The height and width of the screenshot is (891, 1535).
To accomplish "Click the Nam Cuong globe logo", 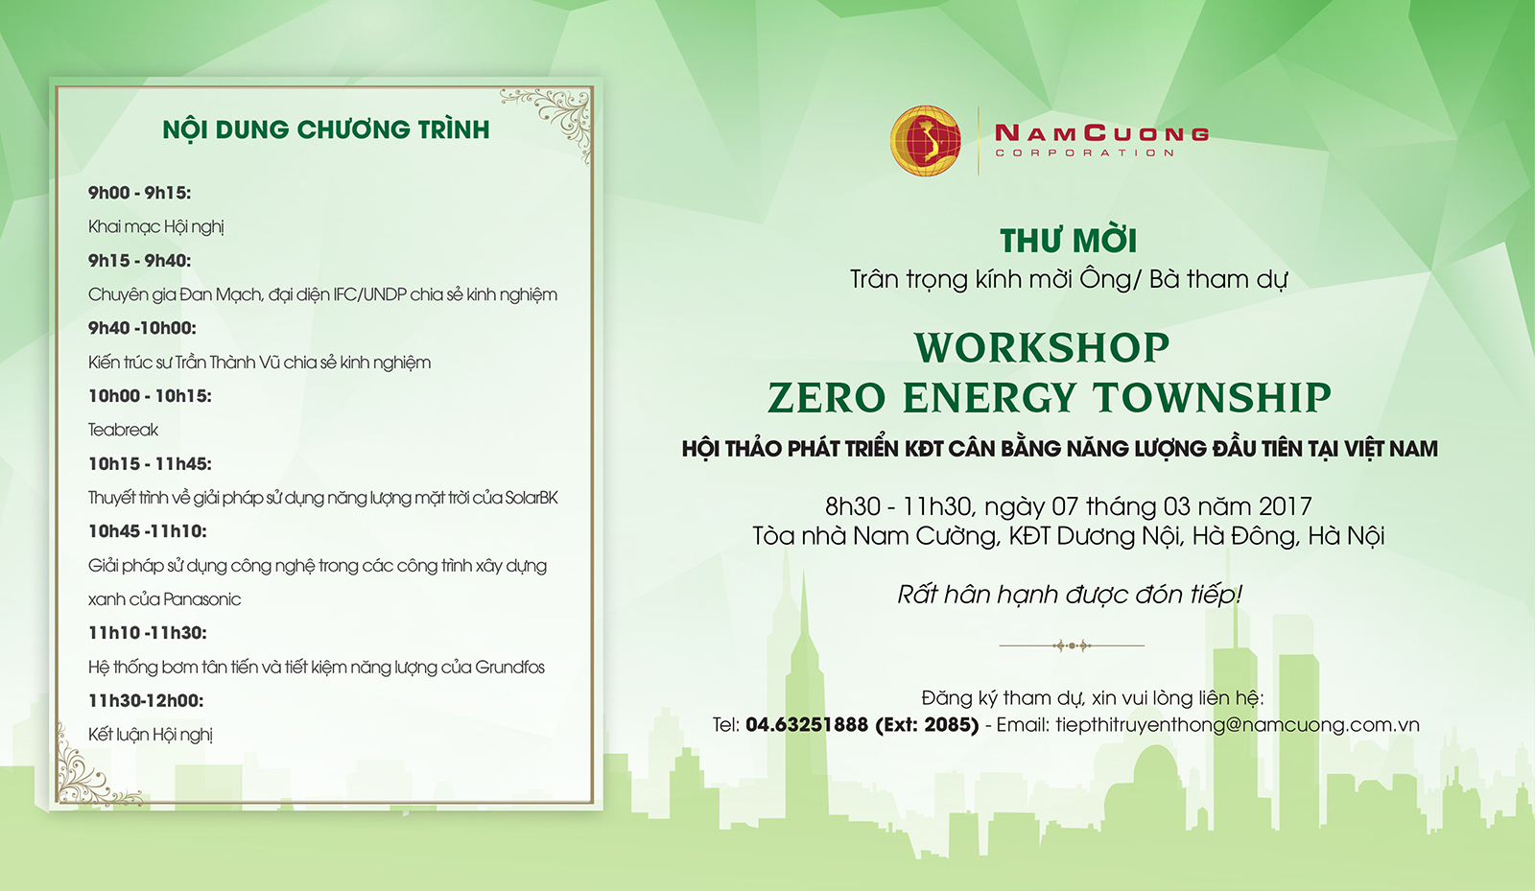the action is tap(925, 140).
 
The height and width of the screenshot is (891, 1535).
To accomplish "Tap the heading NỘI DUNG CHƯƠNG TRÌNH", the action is tap(326, 129).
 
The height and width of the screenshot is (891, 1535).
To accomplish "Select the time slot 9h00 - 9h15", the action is tap(139, 193).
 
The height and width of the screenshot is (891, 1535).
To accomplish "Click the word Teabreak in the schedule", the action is tap(124, 430).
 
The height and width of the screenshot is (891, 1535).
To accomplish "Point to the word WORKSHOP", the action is tap(1042, 347).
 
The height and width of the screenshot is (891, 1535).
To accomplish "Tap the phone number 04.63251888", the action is tap(807, 724).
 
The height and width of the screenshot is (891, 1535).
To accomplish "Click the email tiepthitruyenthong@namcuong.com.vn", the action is tap(1237, 725).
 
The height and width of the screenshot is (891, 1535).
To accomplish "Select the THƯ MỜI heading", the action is tap(1069, 240).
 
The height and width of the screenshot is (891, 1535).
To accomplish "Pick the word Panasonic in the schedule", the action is tap(202, 600).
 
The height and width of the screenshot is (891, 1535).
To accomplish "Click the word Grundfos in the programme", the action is tap(509, 668).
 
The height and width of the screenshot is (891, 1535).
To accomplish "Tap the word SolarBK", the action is tap(531, 498).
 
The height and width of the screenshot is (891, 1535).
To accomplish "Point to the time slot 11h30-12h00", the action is tap(146, 700).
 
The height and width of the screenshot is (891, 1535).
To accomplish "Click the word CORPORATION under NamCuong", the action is tap(1085, 152).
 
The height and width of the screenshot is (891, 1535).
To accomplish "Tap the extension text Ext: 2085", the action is tap(927, 724).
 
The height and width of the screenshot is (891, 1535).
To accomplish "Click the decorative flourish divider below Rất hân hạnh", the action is tap(1072, 645).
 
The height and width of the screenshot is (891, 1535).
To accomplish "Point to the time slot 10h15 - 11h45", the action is tap(150, 464).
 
